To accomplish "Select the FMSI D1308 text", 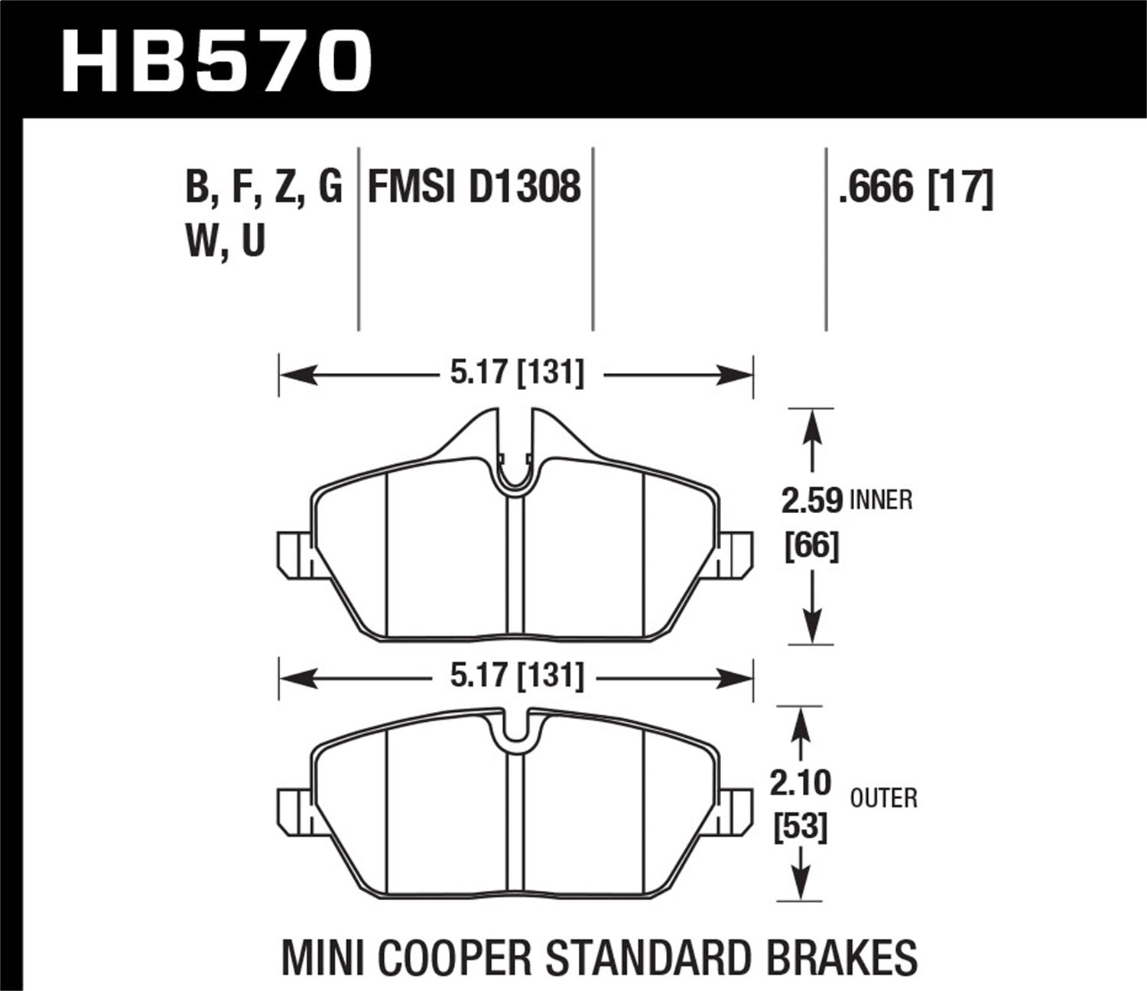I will point(474,187).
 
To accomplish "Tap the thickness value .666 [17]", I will point(915,187).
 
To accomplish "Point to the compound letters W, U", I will point(225,241).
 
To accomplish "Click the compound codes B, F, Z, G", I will point(263,187).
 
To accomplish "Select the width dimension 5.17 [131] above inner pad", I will point(517,374).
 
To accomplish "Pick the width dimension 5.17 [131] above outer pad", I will point(517,676).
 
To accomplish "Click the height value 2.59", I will point(811,502).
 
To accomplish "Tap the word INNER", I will point(881,501).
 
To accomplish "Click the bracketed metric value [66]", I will point(812,546).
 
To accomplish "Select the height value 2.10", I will point(801,783).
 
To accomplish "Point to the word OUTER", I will point(883,799).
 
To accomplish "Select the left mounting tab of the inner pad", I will point(292,554).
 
